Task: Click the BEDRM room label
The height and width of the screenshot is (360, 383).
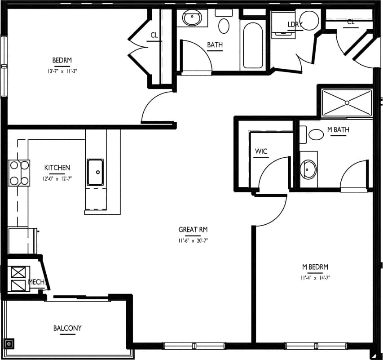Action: pyautogui.click(x=62, y=60)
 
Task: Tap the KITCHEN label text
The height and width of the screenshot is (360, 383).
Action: pyautogui.click(x=57, y=168)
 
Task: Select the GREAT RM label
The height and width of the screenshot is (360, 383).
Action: pyautogui.click(x=193, y=230)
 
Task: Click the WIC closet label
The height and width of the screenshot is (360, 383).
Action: pyautogui.click(x=261, y=151)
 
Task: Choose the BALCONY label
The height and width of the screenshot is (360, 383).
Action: pyautogui.click(x=67, y=328)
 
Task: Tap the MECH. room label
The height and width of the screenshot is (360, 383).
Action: pyautogui.click(x=36, y=282)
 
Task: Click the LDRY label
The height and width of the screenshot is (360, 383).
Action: pyautogui.click(x=295, y=24)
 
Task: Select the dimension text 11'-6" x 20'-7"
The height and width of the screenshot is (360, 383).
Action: pyautogui.click(x=193, y=240)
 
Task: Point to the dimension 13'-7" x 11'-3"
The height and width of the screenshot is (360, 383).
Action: pyautogui.click(x=62, y=71)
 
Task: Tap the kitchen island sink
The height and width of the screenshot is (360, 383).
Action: pyautogui.click(x=96, y=172)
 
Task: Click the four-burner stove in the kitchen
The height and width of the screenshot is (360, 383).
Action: pyautogui.click(x=18, y=173)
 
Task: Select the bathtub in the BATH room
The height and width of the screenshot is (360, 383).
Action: pyautogui.click(x=252, y=45)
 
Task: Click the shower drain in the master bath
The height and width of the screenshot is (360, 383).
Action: pyautogui.click(x=347, y=103)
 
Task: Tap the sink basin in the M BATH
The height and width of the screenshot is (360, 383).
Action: pyautogui.click(x=309, y=169)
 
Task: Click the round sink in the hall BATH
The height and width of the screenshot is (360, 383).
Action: pyautogui.click(x=192, y=19)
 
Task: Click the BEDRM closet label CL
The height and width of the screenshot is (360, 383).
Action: pyautogui.click(x=154, y=35)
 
